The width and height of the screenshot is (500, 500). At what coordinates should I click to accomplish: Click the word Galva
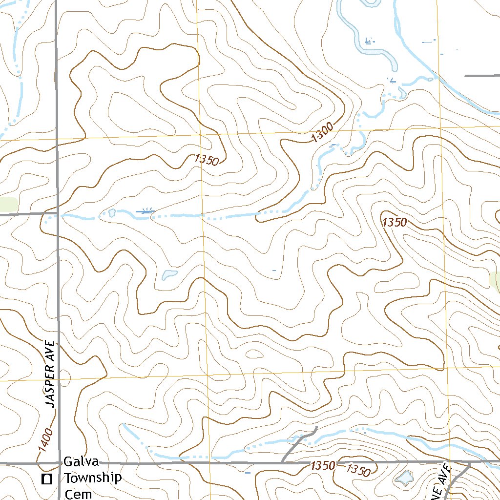[x=82, y=462]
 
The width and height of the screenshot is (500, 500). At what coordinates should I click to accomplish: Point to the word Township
[x=92, y=478]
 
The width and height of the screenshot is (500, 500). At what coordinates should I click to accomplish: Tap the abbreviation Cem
[x=78, y=493]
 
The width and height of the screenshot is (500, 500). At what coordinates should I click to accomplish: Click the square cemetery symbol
[x=47, y=479]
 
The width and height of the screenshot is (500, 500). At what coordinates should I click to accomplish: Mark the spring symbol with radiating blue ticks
[x=146, y=211]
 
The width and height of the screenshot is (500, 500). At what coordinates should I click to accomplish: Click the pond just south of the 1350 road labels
[x=404, y=479]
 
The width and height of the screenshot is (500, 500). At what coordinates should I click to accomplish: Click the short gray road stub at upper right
[x=481, y=76]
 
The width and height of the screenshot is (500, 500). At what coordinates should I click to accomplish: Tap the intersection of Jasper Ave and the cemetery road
[x=58, y=462]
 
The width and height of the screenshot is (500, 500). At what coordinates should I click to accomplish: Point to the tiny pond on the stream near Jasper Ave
[x=112, y=213]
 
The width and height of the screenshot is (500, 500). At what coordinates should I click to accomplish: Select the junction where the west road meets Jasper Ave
[x=57, y=214]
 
